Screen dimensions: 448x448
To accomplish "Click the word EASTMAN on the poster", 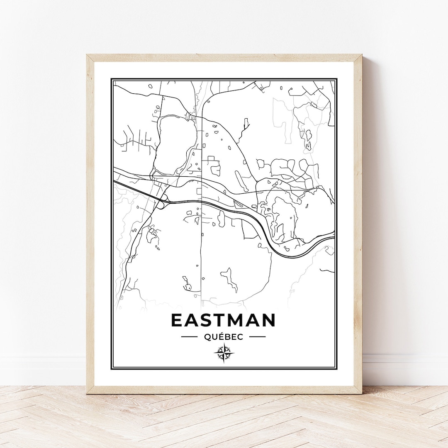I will pos(223,320).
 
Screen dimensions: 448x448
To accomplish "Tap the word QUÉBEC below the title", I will pos(224,337).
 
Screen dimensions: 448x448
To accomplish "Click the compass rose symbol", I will pos(224,353).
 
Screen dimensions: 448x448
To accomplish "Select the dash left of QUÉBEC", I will pos(189,337).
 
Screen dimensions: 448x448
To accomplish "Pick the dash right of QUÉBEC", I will pos(257,337).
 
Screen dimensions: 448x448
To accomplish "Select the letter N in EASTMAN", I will pos(268,320).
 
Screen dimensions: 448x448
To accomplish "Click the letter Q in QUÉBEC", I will pos(207,337).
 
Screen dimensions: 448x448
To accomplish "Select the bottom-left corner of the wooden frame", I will pos(88,392).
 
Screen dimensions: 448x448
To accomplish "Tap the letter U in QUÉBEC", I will pos(214,337).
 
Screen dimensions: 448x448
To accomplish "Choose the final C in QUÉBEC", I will pos(240,337).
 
